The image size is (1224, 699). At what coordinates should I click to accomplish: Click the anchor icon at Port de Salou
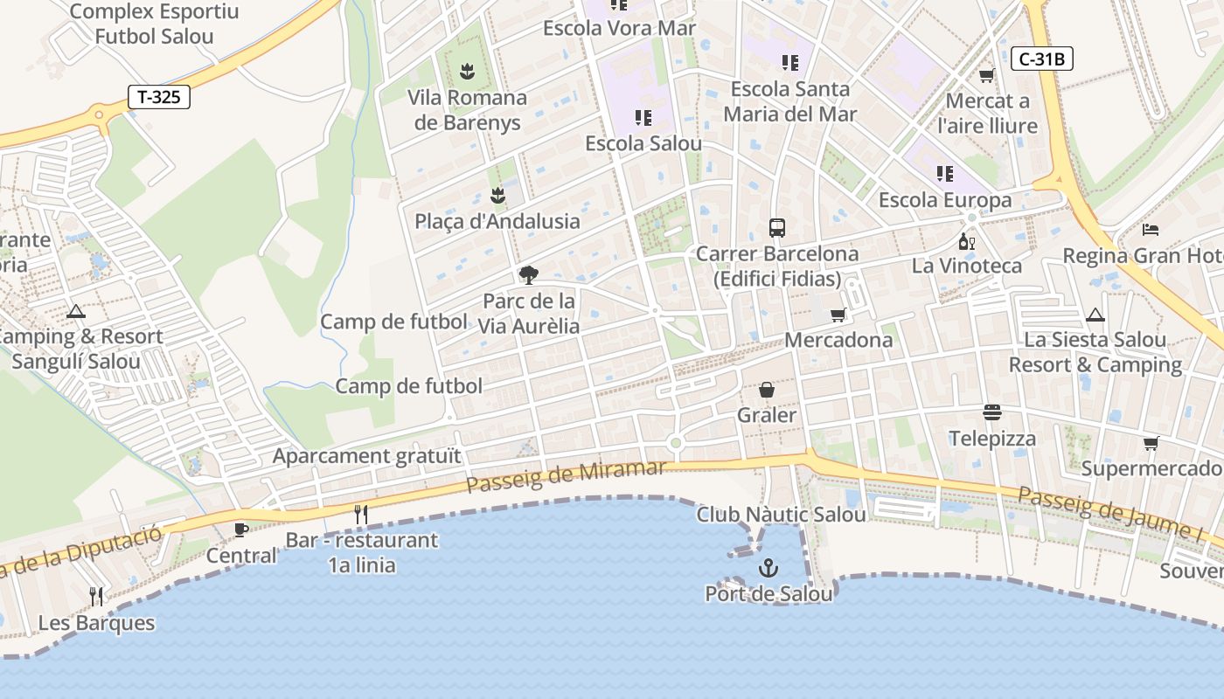click(768, 569)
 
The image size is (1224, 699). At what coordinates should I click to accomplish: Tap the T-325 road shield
click(159, 97)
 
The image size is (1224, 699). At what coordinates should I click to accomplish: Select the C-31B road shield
click(1041, 59)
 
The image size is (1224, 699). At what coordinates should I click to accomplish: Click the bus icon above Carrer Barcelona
click(777, 228)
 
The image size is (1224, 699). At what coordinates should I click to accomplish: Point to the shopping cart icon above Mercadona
click(838, 315)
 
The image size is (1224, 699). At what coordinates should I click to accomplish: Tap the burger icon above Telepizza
click(991, 412)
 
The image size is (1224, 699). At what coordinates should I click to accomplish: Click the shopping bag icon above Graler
click(767, 389)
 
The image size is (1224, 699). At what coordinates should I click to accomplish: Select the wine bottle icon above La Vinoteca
click(966, 241)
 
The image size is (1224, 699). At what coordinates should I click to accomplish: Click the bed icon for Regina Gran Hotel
click(1151, 230)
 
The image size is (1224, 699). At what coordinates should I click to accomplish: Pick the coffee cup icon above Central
click(241, 529)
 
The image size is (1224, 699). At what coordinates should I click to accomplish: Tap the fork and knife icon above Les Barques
click(96, 597)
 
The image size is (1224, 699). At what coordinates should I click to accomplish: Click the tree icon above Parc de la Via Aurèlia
click(528, 275)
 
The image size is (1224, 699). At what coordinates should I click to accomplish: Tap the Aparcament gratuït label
click(366, 456)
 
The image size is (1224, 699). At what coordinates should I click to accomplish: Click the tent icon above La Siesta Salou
click(1095, 315)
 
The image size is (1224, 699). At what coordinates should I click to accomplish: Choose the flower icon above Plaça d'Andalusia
click(497, 196)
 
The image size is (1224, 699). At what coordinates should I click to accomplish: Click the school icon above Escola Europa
click(944, 174)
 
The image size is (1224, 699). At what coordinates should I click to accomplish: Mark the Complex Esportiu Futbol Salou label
click(142, 24)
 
